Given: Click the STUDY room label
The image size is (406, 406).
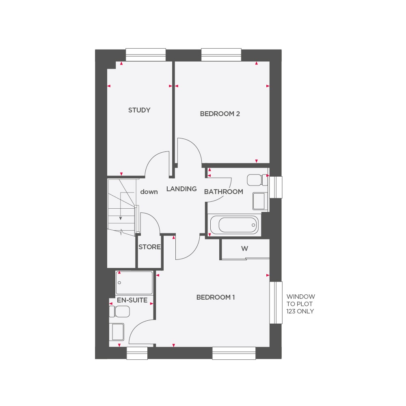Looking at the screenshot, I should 139,110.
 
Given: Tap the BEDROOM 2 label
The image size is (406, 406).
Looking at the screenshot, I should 220,114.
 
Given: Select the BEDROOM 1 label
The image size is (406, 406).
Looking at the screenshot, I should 216,297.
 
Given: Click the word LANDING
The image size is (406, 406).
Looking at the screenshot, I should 181,189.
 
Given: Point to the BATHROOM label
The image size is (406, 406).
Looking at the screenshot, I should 223,192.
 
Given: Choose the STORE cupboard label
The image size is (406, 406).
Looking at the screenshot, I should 149,247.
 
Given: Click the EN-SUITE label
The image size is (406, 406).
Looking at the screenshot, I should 132,300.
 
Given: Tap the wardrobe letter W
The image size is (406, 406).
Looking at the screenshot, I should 244,249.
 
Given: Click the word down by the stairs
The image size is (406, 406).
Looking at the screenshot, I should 149,192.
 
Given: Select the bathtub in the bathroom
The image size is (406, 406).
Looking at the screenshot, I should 233,225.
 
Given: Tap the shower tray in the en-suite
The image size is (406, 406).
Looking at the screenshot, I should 134,283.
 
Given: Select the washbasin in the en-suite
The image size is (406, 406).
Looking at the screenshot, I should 117,331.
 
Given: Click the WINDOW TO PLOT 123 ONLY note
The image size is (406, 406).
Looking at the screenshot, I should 300,304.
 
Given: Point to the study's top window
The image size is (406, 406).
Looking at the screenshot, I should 146,54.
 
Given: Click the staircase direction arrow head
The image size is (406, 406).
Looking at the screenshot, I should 121,218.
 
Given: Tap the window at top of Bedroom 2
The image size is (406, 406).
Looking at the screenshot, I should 221,54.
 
